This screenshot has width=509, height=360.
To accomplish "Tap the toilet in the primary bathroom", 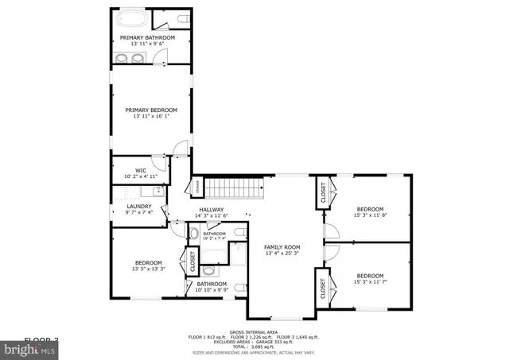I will click(182, 18).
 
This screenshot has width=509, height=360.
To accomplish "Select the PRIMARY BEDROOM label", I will click(151, 110).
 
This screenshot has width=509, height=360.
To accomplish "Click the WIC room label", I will click(141, 169).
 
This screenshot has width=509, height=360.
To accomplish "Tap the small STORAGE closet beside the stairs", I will click(197, 187).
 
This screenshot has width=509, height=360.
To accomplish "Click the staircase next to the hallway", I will click(235, 189).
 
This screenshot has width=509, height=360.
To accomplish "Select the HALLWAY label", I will click(212, 210).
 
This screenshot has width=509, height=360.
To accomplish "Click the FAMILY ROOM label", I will click(282, 247).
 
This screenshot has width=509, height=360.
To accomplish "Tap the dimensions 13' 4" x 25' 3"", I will click(282, 254).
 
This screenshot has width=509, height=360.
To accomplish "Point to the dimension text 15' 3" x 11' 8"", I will click(369, 215).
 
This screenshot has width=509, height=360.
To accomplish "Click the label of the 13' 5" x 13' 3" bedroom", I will click(148, 263).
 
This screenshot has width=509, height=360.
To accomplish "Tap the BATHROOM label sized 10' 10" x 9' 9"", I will click(212, 284).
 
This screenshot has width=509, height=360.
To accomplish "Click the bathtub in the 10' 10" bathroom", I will click(212, 255).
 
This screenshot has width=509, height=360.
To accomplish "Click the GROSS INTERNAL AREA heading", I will click(254, 332).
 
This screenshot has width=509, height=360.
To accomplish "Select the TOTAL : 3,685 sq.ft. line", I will click(254, 346).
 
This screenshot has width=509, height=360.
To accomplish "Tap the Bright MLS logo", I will click(30, 348).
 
